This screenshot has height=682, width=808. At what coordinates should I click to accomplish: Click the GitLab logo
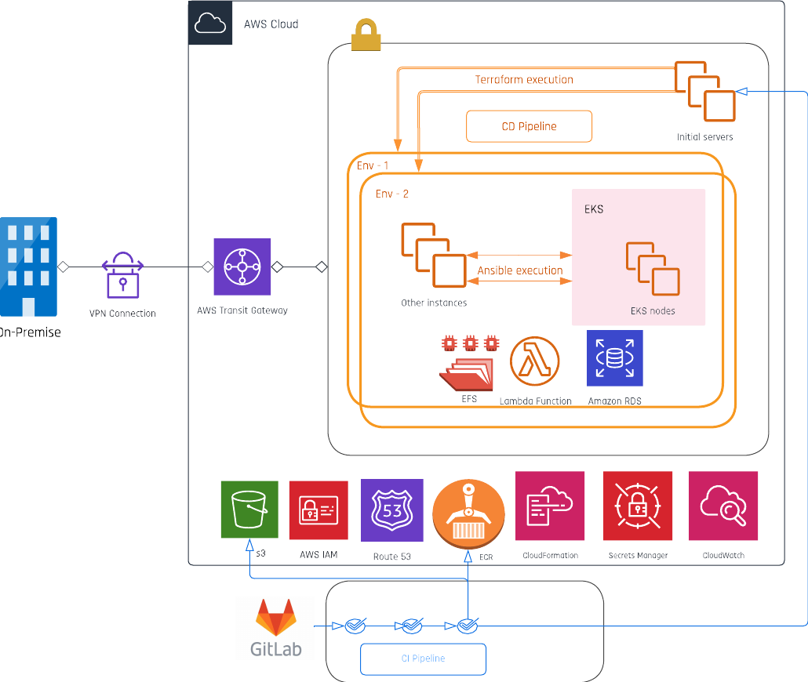click(x=275, y=628)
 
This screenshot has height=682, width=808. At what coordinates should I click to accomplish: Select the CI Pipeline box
click(x=423, y=658)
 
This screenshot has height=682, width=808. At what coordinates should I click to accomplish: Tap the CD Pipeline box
click(x=529, y=126)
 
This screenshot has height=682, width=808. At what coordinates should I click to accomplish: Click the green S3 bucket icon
click(x=249, y=510)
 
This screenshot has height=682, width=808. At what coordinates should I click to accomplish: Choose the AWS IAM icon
click(x=318, y=510)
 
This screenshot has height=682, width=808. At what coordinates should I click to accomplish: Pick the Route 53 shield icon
click(x=391, y=510)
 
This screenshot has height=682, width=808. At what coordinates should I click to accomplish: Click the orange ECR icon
click(x=468, y=510)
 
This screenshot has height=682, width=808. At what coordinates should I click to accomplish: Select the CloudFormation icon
click(x=550, y=506)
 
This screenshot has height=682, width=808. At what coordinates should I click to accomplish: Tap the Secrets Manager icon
click(x=638, y=506)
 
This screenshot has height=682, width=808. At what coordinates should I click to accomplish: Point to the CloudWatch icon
click(x=723, y=506)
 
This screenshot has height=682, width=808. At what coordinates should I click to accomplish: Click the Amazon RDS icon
click(x=615, y=358)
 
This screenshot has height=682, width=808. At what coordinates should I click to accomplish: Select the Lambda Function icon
click(x=535, y=362)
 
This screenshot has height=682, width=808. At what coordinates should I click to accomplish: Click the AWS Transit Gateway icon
click(x=242, y=267)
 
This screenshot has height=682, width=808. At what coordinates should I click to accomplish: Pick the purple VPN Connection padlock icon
click(x=122, y=274)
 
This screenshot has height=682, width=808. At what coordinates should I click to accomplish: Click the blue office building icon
click(x=28, y=267)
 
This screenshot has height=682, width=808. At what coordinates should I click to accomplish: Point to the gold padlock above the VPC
click(x=366, y=35)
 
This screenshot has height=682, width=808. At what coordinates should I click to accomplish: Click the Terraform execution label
click(x=524, y=80)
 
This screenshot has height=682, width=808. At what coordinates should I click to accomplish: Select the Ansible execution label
click(x=520, y=270)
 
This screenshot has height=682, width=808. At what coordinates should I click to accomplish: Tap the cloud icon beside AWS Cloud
click(x=210, y=24)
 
